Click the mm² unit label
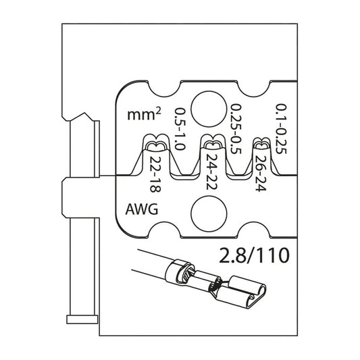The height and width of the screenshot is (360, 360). coord(143,115)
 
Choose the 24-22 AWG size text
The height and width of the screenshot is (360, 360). coord(211,174)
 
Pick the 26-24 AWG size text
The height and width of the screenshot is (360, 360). coord(261,174)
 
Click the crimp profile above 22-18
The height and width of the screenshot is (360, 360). coord(155,145)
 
